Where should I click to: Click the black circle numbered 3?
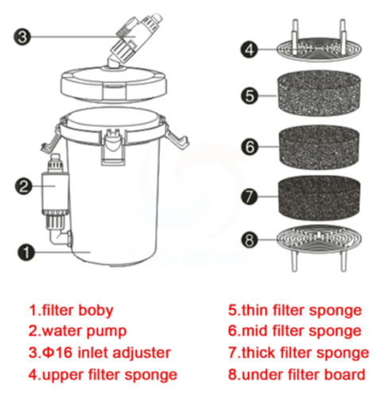click(x=22, y=37)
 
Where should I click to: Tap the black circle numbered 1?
click(x=26, y=252)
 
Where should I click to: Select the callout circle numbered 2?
click(x=24, y=187)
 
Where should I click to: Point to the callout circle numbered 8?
click(x=250, y=240)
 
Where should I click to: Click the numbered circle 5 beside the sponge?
click(x=250, y=95)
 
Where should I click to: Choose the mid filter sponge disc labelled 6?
click(x=320, y=147)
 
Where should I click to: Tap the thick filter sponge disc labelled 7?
click(x=319, y=198)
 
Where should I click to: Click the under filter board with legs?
click(x=319, y=248)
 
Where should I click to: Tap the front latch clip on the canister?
click(x=113, y=147)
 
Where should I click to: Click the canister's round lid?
click(x=114, y=83)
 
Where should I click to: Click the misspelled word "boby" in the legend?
click(x=96, y=310)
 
